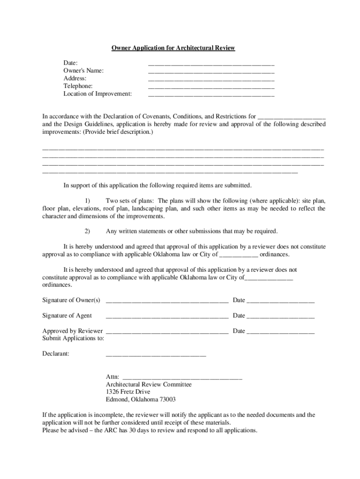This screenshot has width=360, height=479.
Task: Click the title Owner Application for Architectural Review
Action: [173, 48]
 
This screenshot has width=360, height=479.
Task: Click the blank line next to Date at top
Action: [211, 64]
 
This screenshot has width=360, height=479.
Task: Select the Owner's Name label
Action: [84, 71]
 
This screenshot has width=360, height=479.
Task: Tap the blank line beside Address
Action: [211, 80]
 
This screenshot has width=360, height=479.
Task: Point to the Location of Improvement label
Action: [97, 94]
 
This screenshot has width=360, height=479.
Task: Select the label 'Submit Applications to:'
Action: [73, 338]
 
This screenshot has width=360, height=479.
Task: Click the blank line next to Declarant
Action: [156, 355]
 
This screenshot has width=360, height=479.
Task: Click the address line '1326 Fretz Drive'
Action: [128, 392]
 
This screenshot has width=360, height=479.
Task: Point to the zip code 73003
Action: [167, 399]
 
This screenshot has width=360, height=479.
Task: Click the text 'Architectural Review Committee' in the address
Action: [149, 384]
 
